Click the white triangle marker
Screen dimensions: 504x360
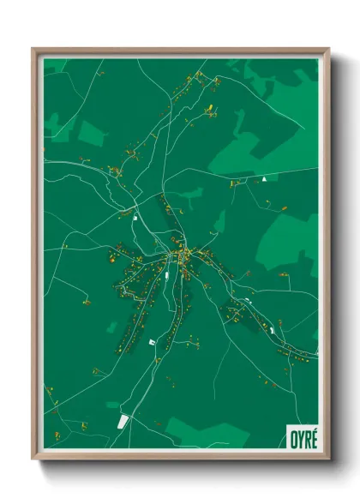(x=265, y=179)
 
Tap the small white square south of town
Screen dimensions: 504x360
(x=153, y=343)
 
